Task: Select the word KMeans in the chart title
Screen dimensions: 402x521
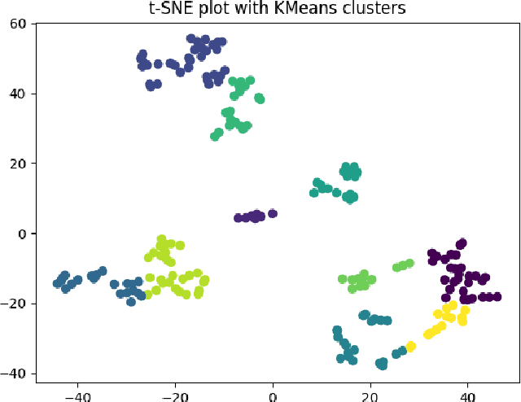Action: pyautogui.click(x=309, y=9)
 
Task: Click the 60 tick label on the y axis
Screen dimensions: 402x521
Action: pyautogui.click(x=18, y=24)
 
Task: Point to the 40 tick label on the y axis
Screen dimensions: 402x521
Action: pyautogui.click(x=18, y=94)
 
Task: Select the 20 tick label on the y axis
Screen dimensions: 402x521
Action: pyautogui.click(x=18, y=164)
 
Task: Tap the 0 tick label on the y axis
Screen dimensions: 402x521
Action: pyautogui.click(x=22, y=234)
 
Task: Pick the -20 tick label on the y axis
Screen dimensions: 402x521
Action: pyautogui.click(x=15, y=304)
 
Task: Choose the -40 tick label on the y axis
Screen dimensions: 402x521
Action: pyautogui.click(x=15, y=374)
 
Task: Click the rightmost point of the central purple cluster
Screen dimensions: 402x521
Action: pyautogui.click(x=273, y=214)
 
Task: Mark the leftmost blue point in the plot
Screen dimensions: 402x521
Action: pyautogui.click(x=57, y=283)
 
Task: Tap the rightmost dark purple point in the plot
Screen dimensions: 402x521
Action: pyautogui.click(x=497, y=297)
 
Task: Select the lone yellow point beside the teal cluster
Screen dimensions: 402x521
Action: pyautogui.click(x=411, y=347)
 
